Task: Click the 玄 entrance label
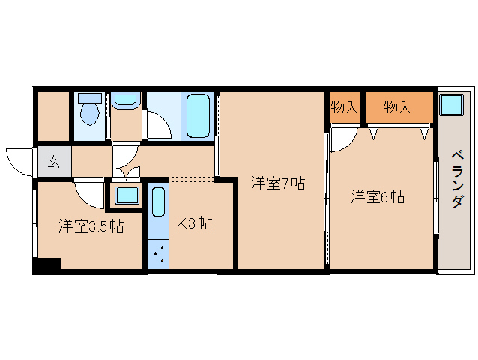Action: click(x=54, y=160)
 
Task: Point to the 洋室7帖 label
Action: click(x=277, y=183)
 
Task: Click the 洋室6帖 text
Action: click(x=378, y=197)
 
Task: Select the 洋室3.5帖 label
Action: click(x=91, y=225)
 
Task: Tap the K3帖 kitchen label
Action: click(x=193, y=223)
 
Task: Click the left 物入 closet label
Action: click(x=344, y=107)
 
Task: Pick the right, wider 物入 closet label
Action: click(x=398, y=107)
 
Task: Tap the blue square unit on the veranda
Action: click(x=451, y=103)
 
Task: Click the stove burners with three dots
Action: click(x=157, y=253)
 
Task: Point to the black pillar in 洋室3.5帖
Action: click(x=46, y=265)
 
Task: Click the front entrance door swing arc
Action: click(x=19, y=161)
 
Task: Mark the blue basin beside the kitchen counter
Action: click(x=125, y=196)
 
